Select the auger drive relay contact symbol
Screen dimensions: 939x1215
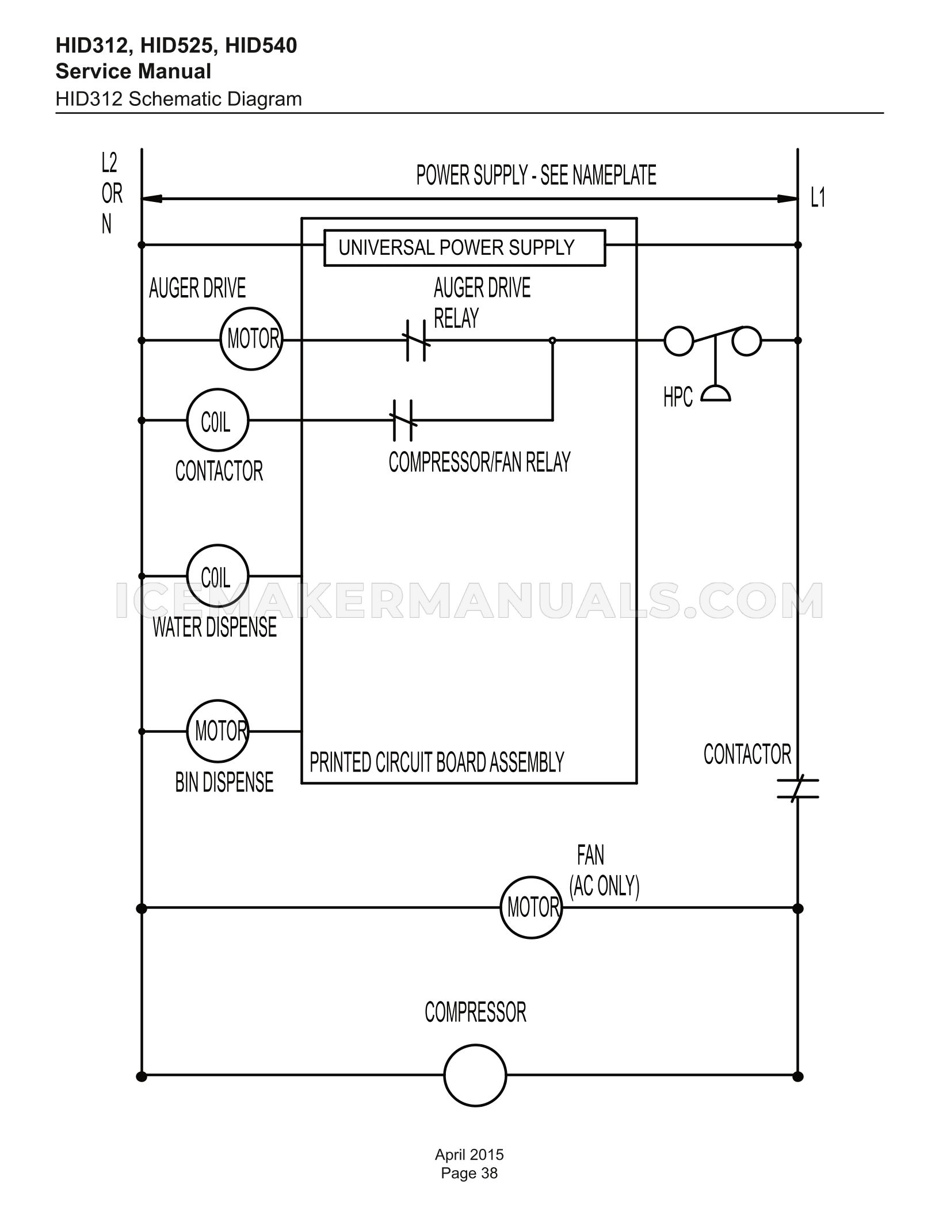[x=416, y=340]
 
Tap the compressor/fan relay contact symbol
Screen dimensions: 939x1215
[x=403, y=420]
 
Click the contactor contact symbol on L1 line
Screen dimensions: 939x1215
[x=797, y=789]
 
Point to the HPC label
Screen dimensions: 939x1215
[x=678, y=397]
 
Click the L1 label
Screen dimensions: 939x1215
[x=818, y=198]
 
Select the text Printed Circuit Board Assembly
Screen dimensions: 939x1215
[x=437, y=762]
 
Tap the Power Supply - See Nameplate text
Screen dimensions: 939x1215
[x=536, y=175]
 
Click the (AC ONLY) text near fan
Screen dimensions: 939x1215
[x=604, y=885]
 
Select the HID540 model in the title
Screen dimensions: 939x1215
[x=261, y=45]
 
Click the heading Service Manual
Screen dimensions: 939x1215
[x=133, y=71]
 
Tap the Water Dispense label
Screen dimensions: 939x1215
[x=215, y=627]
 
